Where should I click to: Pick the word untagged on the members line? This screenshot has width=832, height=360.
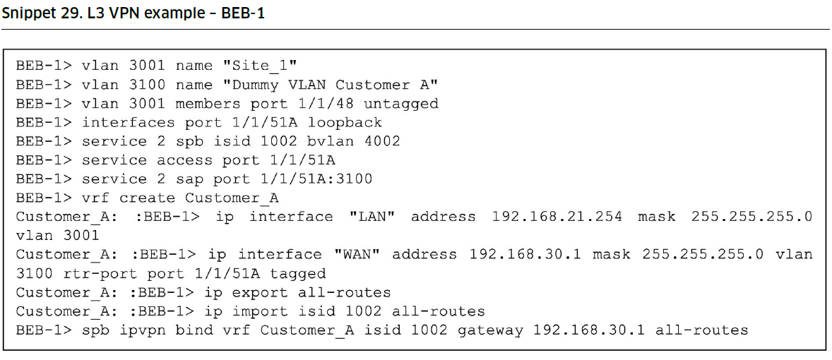click(400, 104)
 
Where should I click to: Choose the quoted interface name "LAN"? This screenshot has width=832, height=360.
click(372, 217)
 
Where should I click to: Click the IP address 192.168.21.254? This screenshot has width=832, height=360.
click(557, 217)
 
